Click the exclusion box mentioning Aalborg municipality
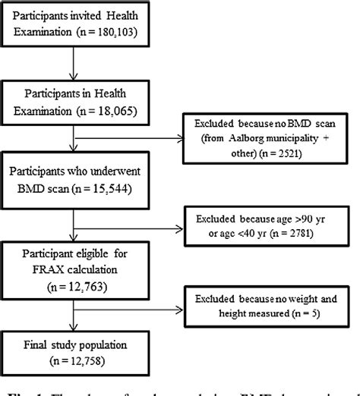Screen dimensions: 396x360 (263, 136)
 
